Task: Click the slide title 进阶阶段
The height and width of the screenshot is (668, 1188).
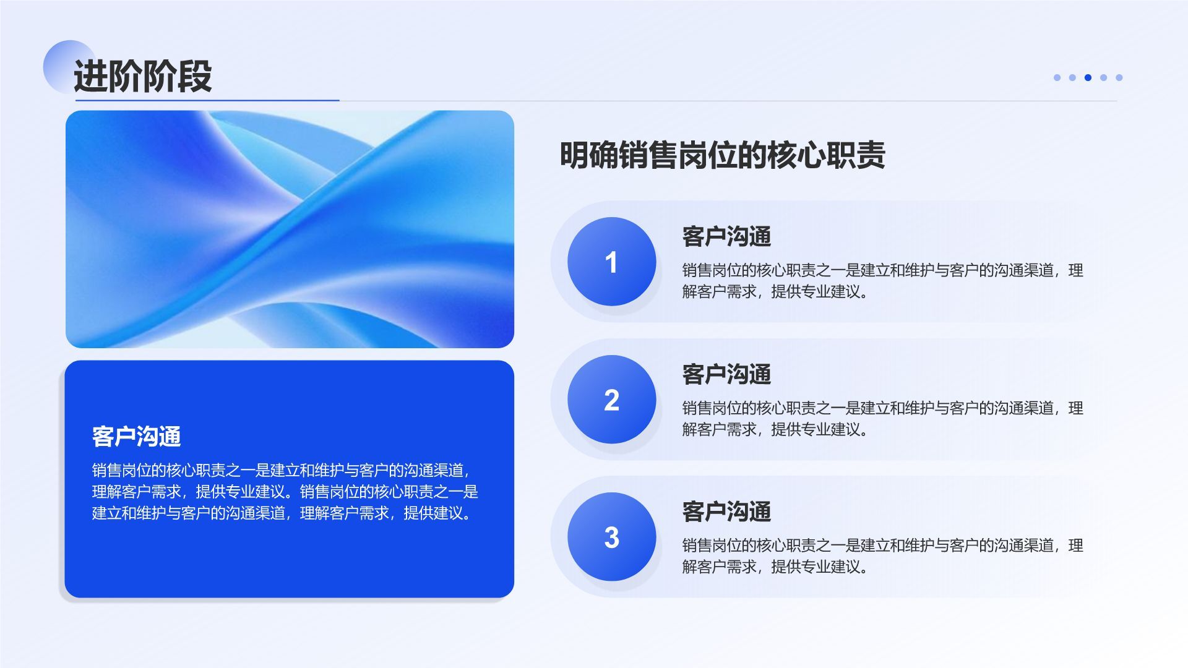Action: coord(142,76)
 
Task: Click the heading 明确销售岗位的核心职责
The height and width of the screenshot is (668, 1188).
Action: coord(722,155)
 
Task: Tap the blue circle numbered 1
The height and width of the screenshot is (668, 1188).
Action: coord(611,262)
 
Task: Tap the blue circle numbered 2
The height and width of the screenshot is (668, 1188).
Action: coord(611,400)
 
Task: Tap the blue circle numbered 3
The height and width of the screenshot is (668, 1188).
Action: coord(611,537)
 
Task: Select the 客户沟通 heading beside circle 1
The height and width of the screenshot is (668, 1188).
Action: coord(726,236)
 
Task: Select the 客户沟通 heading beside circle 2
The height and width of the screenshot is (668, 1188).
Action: coord(726,374)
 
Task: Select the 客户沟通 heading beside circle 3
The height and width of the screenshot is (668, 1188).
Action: coord(726,512)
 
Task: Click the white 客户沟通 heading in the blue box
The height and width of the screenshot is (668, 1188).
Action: coord(136,437)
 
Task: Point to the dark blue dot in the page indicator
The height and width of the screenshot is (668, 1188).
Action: coord(1088,77)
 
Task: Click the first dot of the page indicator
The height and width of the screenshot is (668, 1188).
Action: coord(1057,77)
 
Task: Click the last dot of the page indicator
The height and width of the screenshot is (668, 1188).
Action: coord(1119,77)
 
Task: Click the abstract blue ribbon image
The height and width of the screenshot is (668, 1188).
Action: coord(290,229)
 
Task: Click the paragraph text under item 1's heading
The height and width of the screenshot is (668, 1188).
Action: coord(882,281)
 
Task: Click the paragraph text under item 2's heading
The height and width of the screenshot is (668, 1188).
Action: coord(882,419)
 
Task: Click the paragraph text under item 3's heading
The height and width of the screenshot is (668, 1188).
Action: coord(882,556)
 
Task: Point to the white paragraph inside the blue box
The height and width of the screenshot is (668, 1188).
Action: coord(285,492)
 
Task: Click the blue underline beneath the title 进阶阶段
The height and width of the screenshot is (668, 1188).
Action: coord(207,100)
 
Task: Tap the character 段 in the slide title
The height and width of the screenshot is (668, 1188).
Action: coord(194,76)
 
